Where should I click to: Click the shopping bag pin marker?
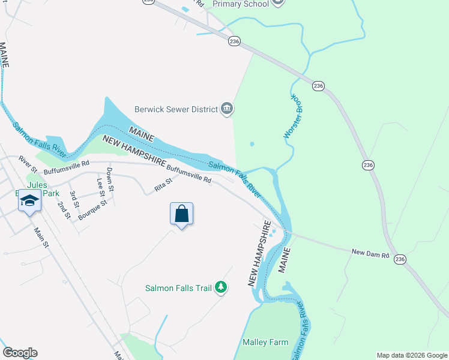(182, 215)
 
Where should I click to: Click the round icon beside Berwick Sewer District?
(227, 109)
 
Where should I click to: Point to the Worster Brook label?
(292, 117)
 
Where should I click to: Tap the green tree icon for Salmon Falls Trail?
(221, 288)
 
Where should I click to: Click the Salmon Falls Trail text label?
(179, 288)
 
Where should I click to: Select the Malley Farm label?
(265, 342)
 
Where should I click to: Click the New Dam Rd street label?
(370, 253)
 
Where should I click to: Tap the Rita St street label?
(163, 184)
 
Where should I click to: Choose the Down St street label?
(110, 179)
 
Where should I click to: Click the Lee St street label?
(100, 186)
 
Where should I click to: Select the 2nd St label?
(63, 209)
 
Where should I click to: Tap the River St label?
(28, 162)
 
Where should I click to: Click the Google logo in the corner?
(20, 353)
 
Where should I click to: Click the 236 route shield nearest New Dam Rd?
(401, 259)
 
